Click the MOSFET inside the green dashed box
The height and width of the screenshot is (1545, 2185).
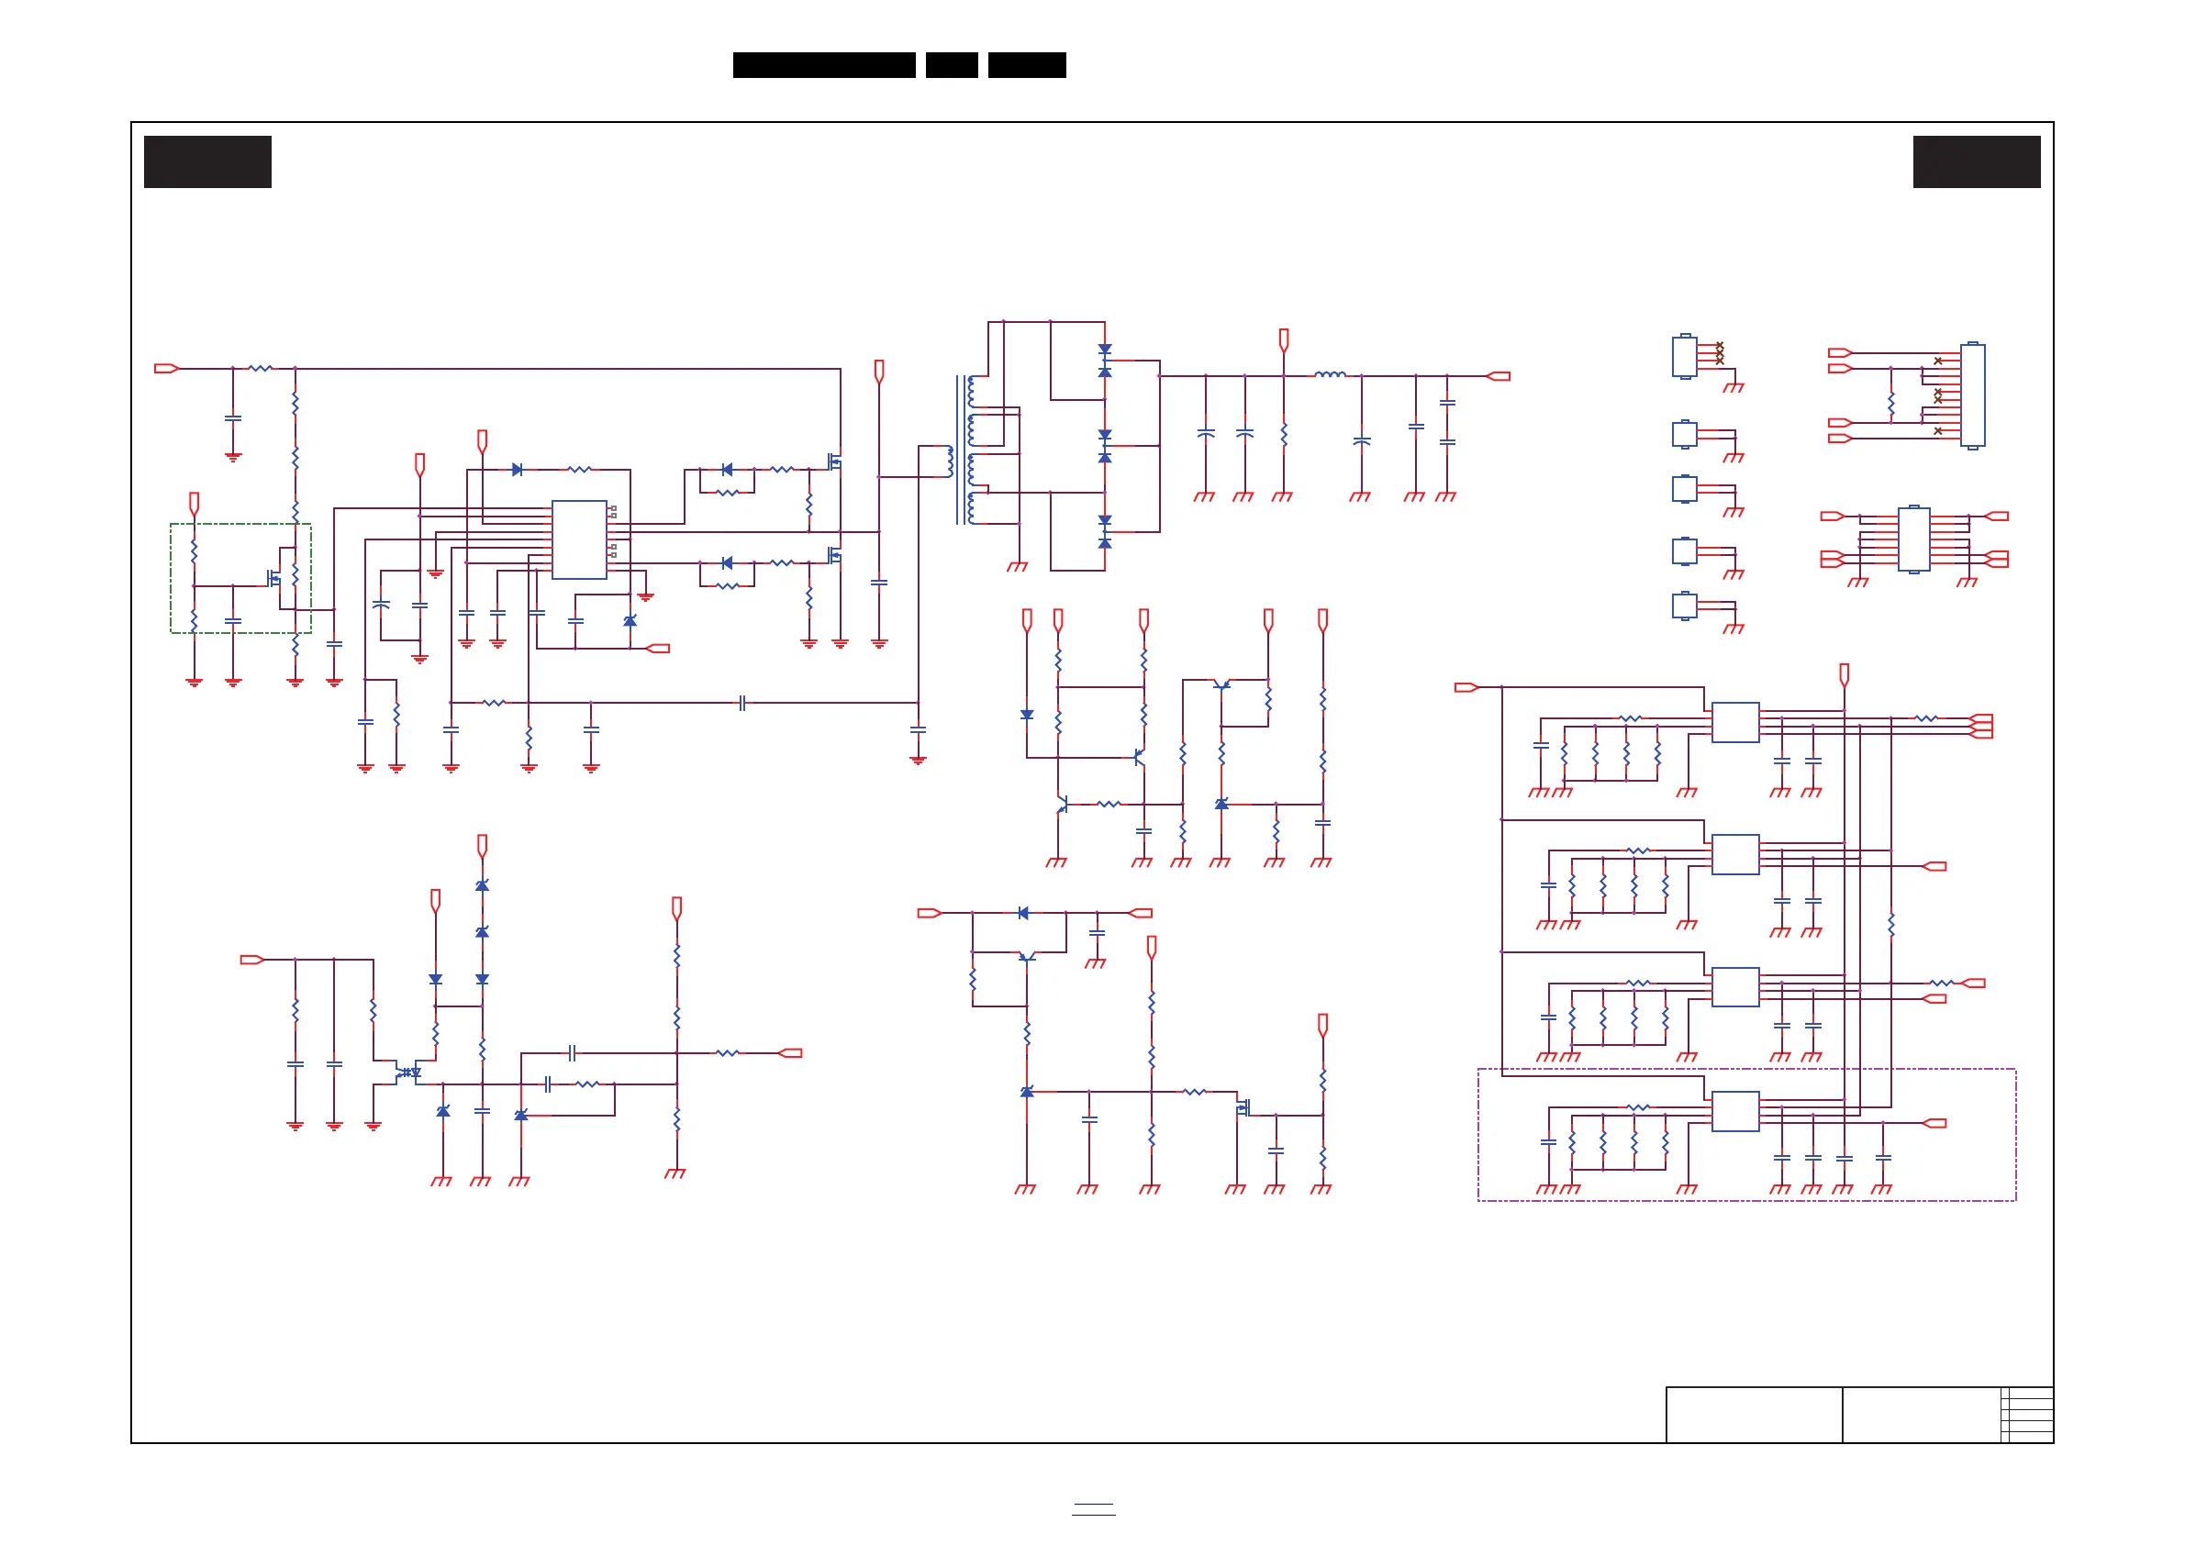click(274, 577)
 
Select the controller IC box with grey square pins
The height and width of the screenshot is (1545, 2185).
click(579, 539)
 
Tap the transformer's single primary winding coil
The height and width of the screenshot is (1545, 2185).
click(950, 461)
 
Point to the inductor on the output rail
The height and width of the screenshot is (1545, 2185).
click(1330, 375)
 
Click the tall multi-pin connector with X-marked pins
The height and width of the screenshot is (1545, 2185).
click(1973, 395)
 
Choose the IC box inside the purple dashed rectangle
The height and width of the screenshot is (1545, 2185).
click(1734, 1111)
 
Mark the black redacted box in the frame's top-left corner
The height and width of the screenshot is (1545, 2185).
click(207, 161)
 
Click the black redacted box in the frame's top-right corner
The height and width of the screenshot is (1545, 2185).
click(1977, 161)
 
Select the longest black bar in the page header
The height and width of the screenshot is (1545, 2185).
click(824, 65)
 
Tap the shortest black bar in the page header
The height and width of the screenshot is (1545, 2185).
click(952, 65)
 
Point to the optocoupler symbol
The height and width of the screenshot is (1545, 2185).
click(408, 1073)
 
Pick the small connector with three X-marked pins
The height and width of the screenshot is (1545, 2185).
click(1685, 356)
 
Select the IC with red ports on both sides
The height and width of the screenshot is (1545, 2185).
click(1913, 539)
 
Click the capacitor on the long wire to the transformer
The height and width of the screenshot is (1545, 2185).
click(742, 703)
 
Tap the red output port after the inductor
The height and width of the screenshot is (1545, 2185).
click(1499, 376)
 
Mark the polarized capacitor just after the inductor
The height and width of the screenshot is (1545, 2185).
click(1361, 441)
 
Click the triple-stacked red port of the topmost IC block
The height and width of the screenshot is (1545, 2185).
click(1981, 726)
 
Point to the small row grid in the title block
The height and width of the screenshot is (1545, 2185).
click(2026, 1415)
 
